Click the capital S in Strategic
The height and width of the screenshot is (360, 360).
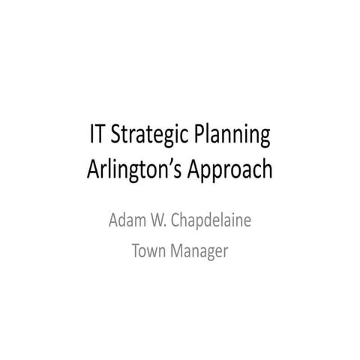116,136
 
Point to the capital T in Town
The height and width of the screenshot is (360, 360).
135,251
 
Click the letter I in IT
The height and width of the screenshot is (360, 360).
92,136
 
